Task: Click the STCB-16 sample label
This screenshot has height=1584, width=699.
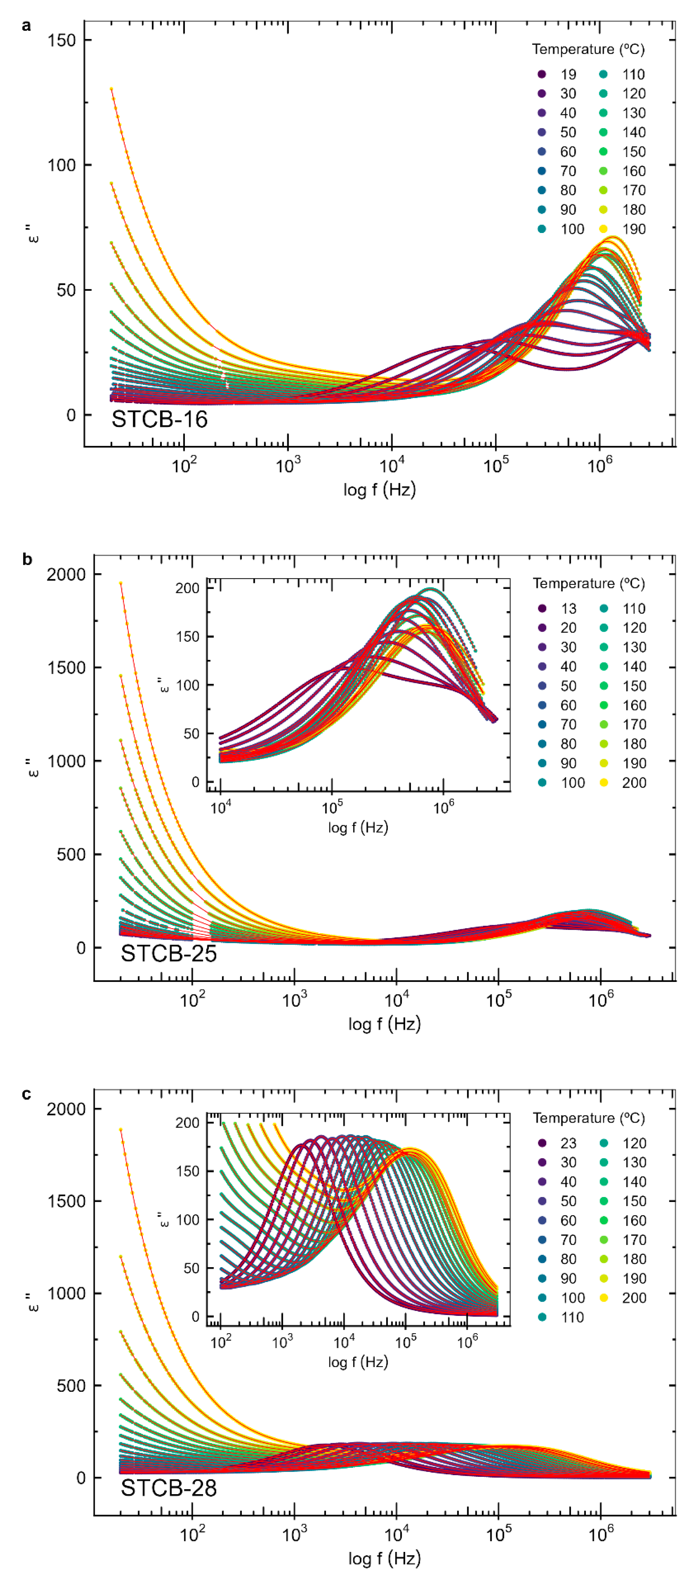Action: click(159, 419)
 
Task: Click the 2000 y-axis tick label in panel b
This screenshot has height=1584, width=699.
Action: click(66, 574)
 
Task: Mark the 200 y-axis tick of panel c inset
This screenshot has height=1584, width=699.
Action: click(188, 1123)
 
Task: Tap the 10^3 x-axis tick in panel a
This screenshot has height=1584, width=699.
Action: click(287, 466)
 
